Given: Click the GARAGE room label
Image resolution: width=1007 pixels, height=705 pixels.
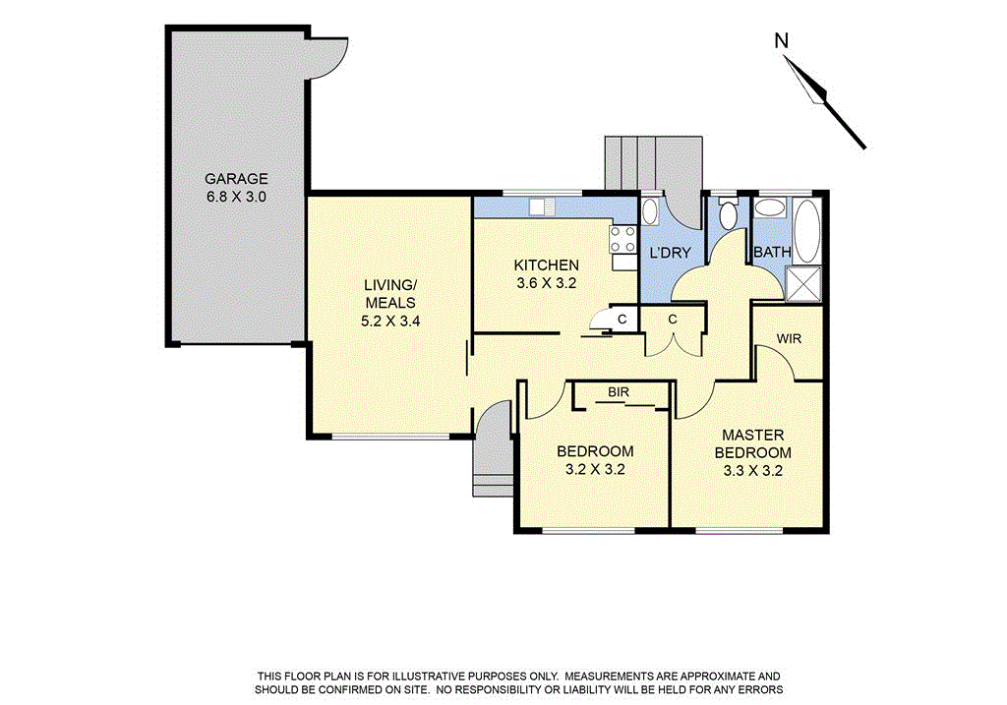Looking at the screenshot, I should coord(236,179).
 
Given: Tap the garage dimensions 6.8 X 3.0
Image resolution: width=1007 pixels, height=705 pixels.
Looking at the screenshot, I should coord(236,197).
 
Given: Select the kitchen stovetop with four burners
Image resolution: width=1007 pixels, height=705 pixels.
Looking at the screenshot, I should coord(623,240).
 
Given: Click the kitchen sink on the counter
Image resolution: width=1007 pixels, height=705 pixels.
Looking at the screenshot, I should coord(538,206).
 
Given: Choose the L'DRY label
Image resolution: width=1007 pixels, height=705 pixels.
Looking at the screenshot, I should coord(671,253).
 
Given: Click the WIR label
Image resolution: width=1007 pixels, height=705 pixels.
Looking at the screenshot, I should coord(789,338).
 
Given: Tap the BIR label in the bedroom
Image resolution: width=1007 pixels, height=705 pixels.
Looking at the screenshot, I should coord(618,392).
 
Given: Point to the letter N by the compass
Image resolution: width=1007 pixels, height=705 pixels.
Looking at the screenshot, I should coord(782,40).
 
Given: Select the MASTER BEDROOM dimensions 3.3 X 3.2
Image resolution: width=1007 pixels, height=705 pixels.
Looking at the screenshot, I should coord(752,470).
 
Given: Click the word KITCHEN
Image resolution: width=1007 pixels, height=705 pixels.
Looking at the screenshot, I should coord(546,264).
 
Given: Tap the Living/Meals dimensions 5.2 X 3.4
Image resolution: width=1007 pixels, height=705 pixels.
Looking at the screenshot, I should coord(390,320).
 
